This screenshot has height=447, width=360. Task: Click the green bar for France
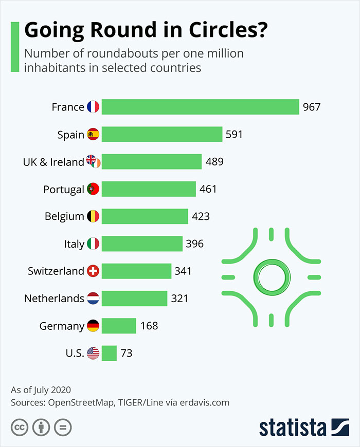[200, 107]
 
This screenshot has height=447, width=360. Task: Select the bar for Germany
[119, 326]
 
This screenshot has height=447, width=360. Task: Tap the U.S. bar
[109, 353]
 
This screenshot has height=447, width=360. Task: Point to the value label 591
[234, 135]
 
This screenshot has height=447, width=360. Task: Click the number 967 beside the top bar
[312, 107]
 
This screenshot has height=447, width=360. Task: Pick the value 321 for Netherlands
[179, 298]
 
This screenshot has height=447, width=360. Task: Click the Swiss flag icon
[93, 271]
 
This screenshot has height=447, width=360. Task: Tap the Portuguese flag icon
[93, 189]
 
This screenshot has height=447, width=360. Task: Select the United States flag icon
[93, 353]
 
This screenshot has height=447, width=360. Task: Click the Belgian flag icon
[93, 216]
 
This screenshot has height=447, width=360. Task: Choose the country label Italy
[75, 244]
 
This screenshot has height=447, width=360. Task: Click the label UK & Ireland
[53, 162]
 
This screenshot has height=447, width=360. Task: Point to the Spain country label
[70, 135]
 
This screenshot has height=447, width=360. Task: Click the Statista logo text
[293, 427]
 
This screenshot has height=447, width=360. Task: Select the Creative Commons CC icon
[20, 427]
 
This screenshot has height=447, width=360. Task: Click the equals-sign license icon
[63, 427]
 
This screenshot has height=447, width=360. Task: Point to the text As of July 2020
[41, 389]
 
